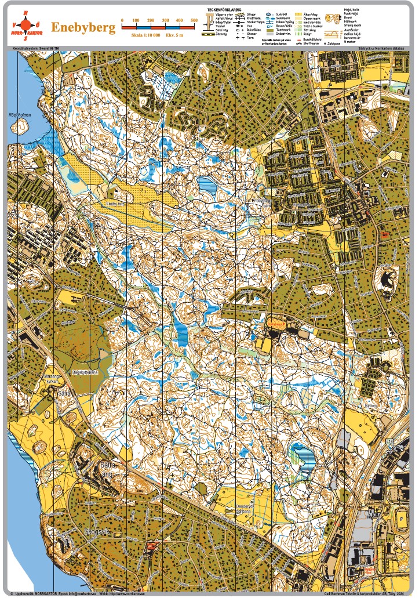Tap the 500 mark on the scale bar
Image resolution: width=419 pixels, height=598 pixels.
point(194,21)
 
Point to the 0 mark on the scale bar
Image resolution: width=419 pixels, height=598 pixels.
point(122,21)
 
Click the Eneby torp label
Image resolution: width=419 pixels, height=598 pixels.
point(116,204)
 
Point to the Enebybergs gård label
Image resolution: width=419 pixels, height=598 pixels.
point(264,203)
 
